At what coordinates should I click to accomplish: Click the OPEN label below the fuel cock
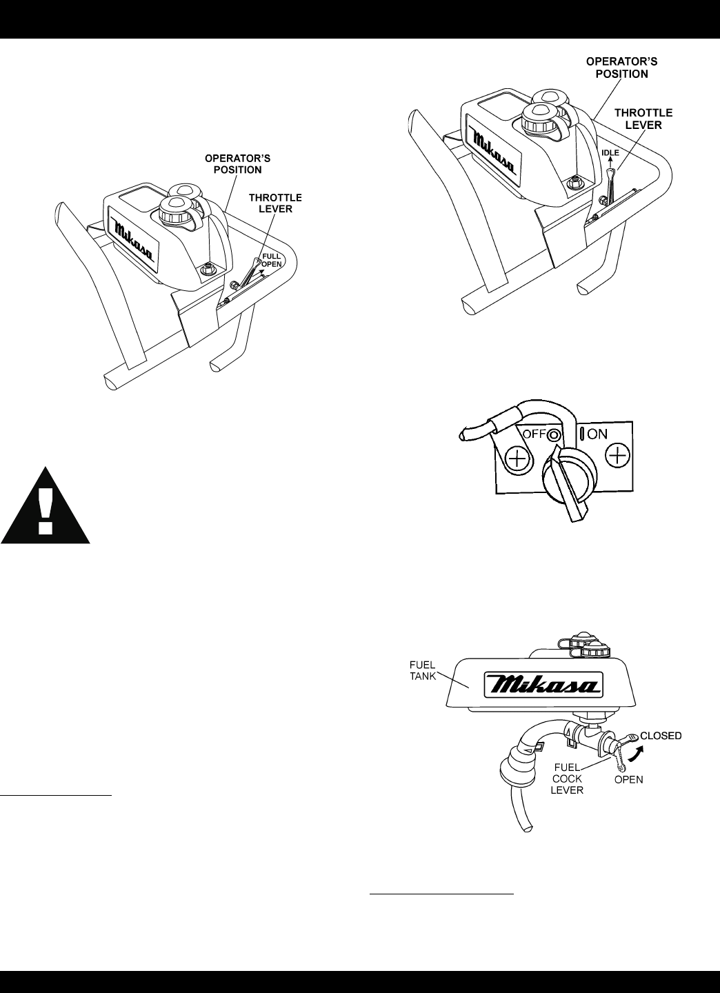tap(628, 780)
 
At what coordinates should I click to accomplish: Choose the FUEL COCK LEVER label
tap(567, 778)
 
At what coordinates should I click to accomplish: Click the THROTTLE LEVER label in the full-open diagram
tap(275, 203)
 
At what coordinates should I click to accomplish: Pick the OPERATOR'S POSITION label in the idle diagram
tap(621, 68)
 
